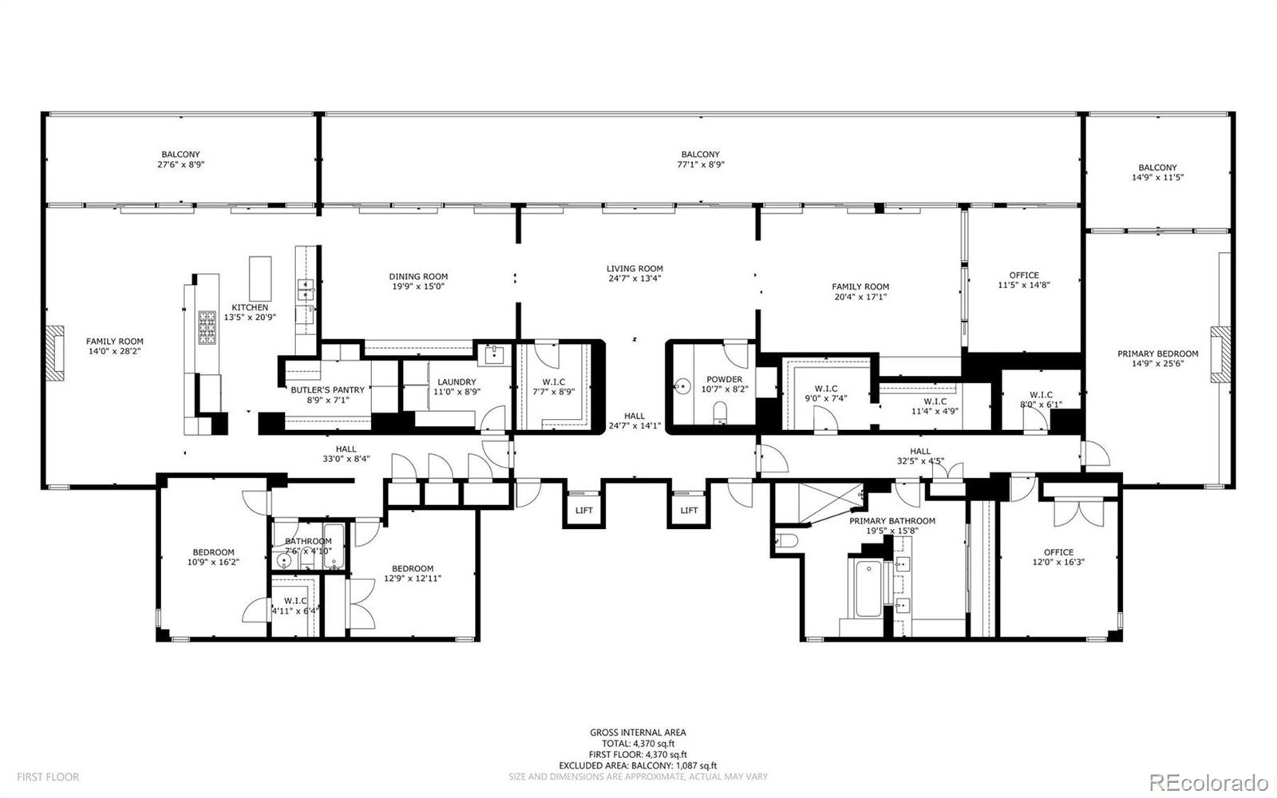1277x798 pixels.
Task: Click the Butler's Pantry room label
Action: coord(327,390)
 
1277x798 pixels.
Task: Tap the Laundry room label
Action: coord(455,382)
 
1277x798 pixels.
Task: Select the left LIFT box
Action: coord(583,510)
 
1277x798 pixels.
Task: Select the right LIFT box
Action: coord(689,510)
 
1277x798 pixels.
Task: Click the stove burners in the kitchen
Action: coord(207,326)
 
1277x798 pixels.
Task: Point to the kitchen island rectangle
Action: coord(260,277)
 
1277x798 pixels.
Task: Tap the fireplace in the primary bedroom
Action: coord(1220,354)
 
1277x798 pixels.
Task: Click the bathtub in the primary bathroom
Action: coord(868,591)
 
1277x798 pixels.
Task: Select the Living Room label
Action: coord(635,269)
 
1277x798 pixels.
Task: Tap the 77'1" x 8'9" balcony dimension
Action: coord(700,164)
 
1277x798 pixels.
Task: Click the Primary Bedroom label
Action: coord(1157,354)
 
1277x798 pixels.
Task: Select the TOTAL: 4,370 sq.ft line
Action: coord(638,743)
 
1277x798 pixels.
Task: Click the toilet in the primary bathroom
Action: coord(786,542)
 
